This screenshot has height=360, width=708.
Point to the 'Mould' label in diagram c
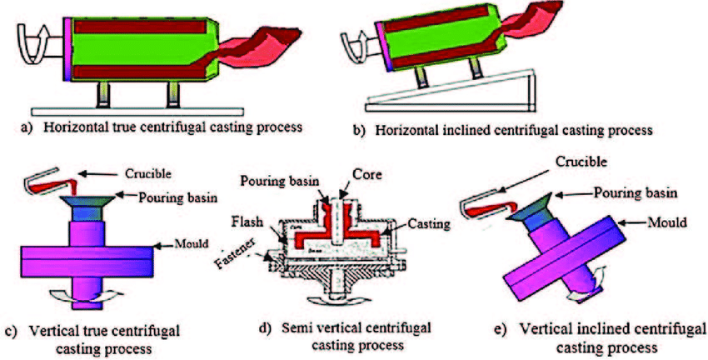[x=190, y=247]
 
